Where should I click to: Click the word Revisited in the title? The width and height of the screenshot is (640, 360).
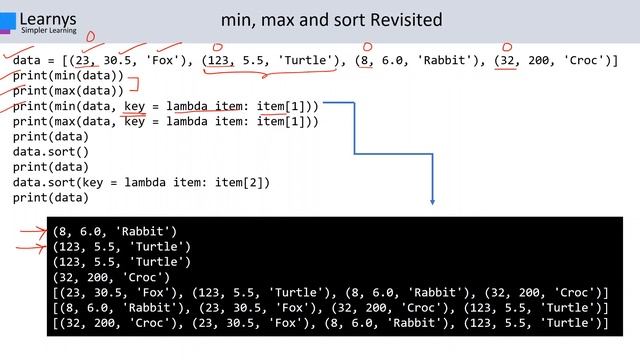point(404,20)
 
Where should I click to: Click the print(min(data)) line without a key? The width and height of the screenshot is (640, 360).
point(69,76)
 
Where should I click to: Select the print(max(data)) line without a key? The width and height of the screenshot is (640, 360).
point(70,91)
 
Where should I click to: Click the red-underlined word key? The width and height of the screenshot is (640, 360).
point(135,106)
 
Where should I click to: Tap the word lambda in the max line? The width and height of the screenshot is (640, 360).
point(193,121)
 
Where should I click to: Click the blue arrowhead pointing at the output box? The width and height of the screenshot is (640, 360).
point(432,201)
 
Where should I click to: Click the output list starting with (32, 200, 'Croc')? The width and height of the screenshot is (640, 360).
point(330,323)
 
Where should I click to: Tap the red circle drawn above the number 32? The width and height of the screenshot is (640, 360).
point(507,45)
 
